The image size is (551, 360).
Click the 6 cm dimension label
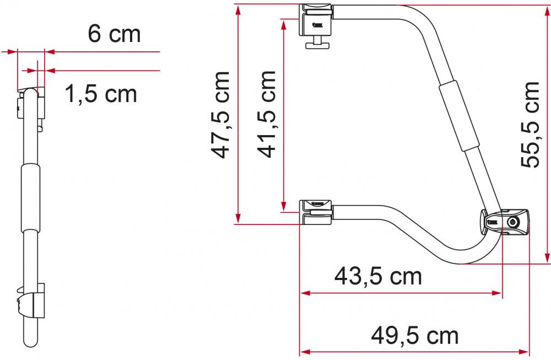pos(115,34)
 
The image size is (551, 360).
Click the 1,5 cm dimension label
pos(101,94)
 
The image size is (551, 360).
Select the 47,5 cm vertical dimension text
pos(222,114)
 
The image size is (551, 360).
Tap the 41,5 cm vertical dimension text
pos(267,114)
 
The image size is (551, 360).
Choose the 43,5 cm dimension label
pos(378,275)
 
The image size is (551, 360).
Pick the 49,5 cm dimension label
pos(415,335)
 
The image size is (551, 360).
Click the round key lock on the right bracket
pos(514,222)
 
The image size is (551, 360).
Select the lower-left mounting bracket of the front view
pos(316,212)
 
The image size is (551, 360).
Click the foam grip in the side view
pos(30,199)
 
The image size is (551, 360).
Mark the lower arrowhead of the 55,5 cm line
pos(547,257)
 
